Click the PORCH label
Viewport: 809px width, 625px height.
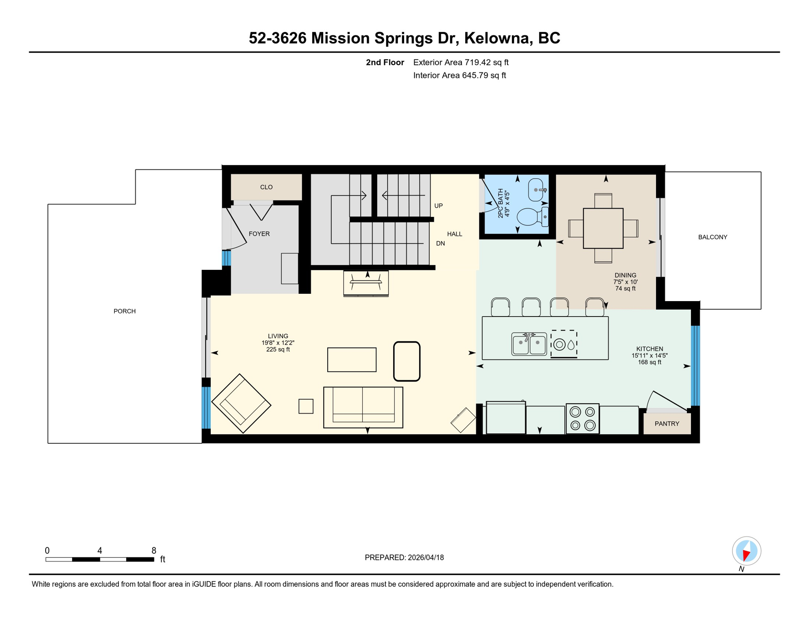[x=125, y=311]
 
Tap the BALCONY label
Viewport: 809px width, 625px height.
[x=713, y=237]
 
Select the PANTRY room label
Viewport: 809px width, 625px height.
[x=667, y=424]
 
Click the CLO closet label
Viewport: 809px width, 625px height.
[x=266, y=187]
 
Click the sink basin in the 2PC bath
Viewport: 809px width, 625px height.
[x=536, y=190]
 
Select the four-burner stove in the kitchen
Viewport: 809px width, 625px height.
[x=582, y=418]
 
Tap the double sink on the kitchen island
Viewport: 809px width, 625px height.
[x=529, y=344]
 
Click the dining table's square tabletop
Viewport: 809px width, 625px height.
[x=603, y=228]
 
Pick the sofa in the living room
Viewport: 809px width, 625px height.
[x=363, y=407]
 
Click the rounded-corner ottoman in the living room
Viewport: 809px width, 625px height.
[x=407, y=361]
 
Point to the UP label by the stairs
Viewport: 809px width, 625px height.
[x=438, y=206]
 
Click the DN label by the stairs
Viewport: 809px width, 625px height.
[x=440, y=244]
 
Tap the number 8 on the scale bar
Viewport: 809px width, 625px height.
[x=154, y=551]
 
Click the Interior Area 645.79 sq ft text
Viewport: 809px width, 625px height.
[x=459, y=75]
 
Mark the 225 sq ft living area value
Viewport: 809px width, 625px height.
[x=278, y=350]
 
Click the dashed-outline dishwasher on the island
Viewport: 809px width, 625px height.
[x=564, y=344]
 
